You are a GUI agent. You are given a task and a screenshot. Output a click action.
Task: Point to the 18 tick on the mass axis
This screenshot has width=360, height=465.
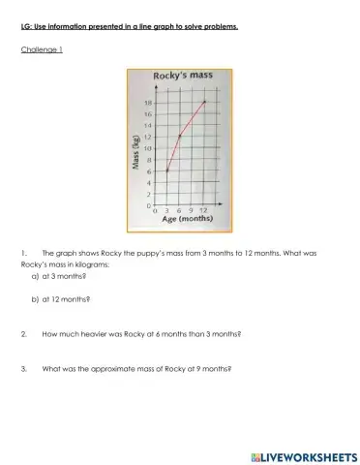(x=148, y=102)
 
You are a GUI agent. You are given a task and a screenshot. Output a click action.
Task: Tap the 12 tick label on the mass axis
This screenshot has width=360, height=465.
(x=148, y=137)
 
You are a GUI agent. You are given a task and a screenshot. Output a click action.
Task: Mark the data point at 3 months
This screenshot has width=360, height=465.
(x=167, y=171)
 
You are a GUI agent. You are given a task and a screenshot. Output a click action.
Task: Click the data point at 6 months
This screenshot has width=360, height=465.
(x=180, y=137)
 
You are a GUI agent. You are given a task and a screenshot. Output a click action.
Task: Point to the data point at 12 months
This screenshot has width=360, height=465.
(x=204, y=102)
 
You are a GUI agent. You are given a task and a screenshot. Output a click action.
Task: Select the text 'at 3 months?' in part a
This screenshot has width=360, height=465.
(x=67, y=276)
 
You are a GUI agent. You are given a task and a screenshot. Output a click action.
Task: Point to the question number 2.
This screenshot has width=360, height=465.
(x=23, y=334)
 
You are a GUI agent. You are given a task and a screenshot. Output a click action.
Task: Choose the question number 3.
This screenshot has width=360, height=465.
(x=23, y=368)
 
